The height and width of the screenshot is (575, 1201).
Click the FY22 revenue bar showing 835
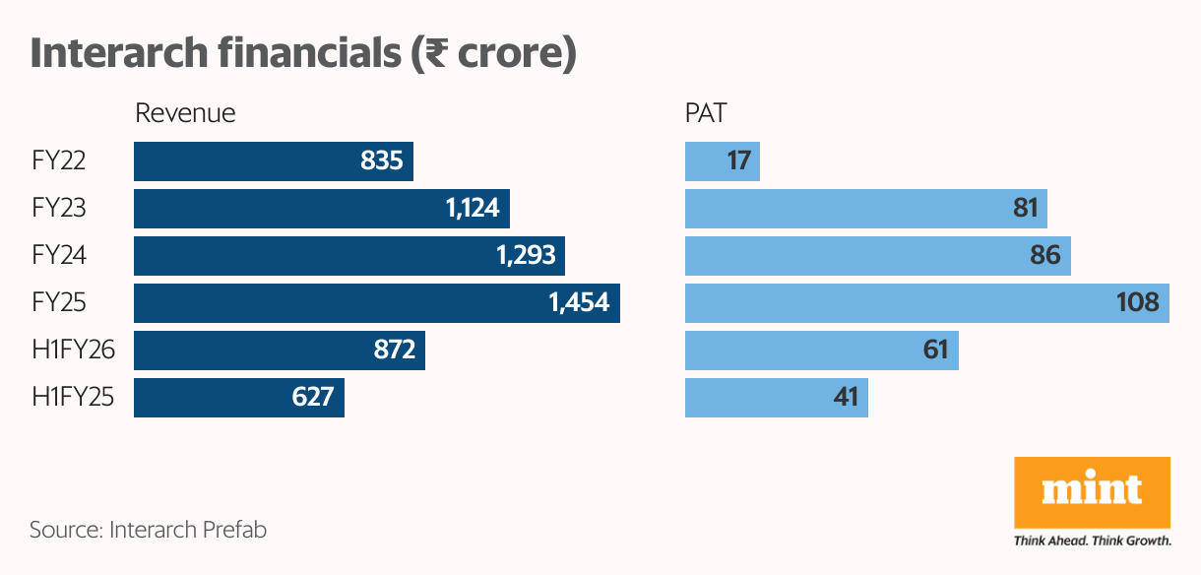coord(273,161)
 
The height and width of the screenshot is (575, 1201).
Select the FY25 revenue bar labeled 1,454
coord(376,303)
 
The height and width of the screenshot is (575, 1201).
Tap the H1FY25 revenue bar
coord(238,398)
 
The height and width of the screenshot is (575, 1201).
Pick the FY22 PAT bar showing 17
coord(722,161)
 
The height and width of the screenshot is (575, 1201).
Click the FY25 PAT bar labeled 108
coord(926,303)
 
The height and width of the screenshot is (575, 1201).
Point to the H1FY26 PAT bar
coord(821,351)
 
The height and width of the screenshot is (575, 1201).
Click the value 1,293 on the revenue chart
coord(526,256)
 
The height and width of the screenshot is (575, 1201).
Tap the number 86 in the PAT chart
coord(1044,256)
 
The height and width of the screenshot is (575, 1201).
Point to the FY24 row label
coord(59,256)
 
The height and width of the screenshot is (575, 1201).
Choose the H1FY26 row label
coord(73,351)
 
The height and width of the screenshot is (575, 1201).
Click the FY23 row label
coord(59,209)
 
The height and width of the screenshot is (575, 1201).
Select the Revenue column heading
coord(185,113)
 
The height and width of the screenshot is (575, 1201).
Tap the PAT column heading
coord(706,113)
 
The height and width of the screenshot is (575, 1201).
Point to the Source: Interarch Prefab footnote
coord(149,530)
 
